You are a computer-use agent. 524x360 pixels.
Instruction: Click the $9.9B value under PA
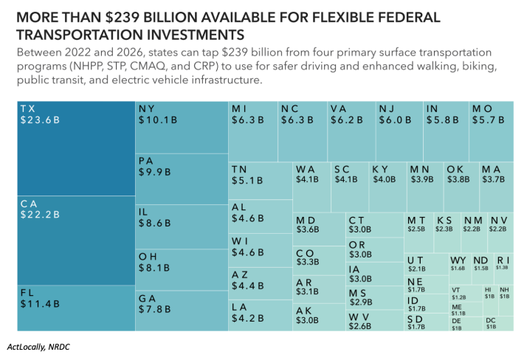(x=154, y=172)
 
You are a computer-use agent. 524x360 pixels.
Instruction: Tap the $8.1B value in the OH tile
(x=154, y=269)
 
